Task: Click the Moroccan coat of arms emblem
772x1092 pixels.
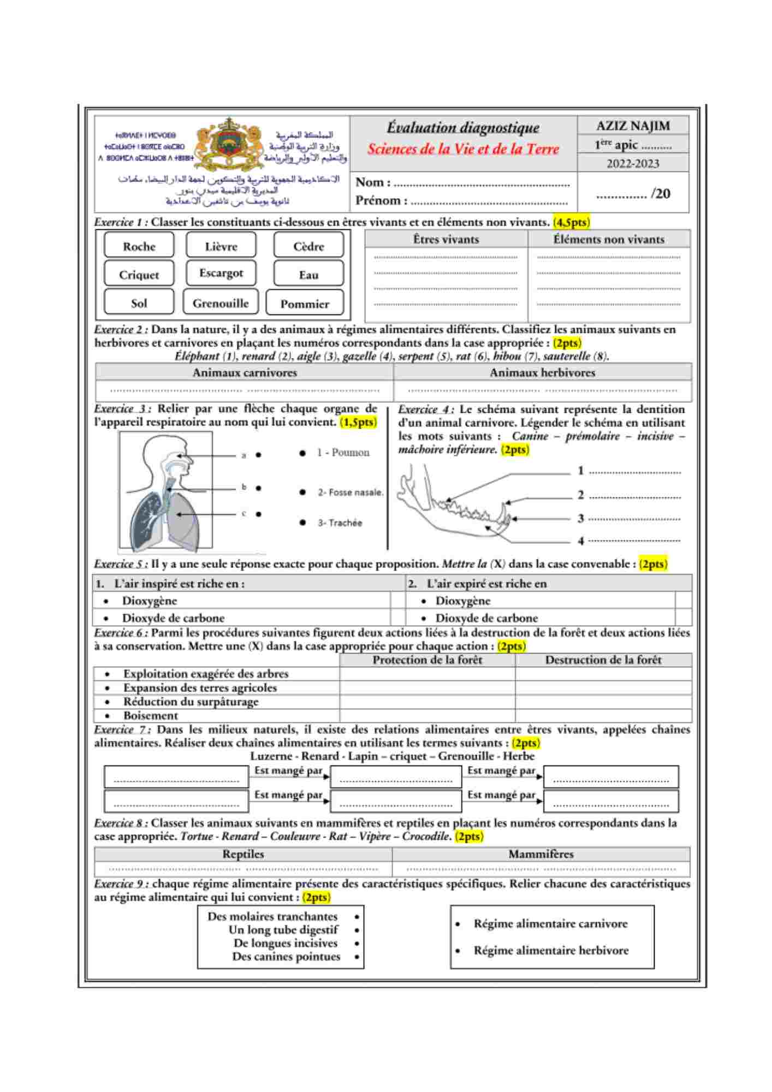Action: (229, 145)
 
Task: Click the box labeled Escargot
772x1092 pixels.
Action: (221, 273)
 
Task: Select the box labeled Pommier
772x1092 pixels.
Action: (305, 304)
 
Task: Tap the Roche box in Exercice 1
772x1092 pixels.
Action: (139, 246)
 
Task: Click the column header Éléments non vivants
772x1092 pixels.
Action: (609, 239)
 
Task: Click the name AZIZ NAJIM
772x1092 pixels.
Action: (633, 126)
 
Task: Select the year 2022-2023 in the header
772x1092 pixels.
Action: (633, 163)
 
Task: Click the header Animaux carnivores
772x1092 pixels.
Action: (245, 372)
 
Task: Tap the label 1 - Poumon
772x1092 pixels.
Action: (343, 453)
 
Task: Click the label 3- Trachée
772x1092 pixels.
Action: (340, 523)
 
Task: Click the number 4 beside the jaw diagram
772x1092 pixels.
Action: (581, 541)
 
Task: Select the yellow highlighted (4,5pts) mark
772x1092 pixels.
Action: (571, 222)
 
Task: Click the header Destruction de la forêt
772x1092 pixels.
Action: (603, 660)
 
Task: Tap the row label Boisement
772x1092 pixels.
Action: (151, 715)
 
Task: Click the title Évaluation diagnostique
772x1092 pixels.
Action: (463, 127)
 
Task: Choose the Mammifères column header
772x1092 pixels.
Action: (541, 854)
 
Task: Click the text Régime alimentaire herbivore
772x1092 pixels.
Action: (551, 951)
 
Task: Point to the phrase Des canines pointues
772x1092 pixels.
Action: (286, 957)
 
